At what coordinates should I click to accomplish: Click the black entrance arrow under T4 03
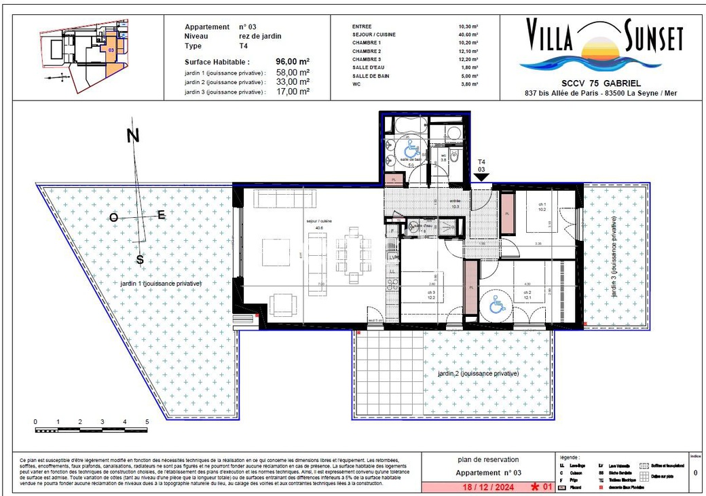tap(482, 177)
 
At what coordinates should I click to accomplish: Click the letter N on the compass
tap(134, 136)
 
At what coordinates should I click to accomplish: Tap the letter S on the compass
tap(140, 260)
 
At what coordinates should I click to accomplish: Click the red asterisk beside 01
tap(536, 487)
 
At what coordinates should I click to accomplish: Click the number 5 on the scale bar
tap(147, 422)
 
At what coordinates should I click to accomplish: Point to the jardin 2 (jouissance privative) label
tap(478, 373)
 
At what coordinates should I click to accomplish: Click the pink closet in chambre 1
tap(506, 214)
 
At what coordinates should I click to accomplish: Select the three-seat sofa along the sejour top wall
tap(284, 199)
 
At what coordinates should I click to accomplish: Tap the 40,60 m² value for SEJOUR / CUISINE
tap(468, 35)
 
